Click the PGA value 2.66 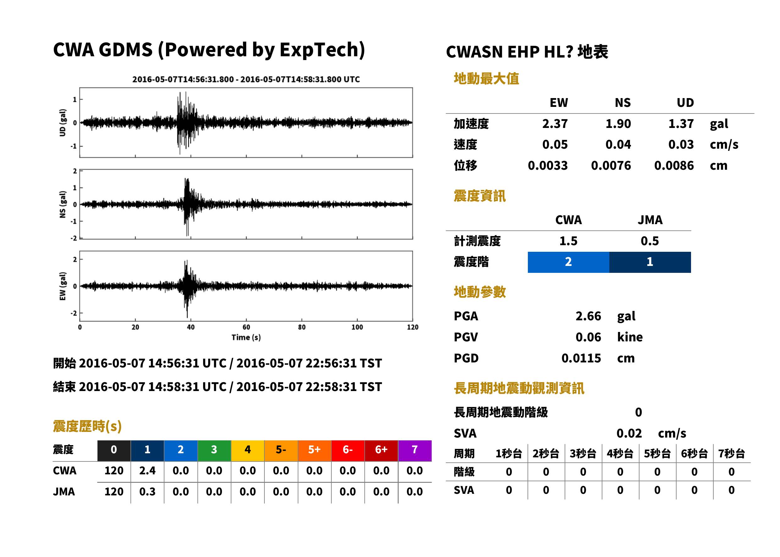588,316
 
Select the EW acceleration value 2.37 555,124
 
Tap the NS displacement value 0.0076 611,165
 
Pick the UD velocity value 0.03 681,144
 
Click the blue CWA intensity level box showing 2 568,262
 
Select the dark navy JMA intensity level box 650,262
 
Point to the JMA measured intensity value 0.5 650,241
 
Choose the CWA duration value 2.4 147,471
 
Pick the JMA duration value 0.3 147,492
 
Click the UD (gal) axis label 63,123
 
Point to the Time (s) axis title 246,337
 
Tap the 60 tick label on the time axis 246,327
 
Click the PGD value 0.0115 581,358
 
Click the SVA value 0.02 629,433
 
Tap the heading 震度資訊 479,196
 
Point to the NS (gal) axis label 63,204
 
